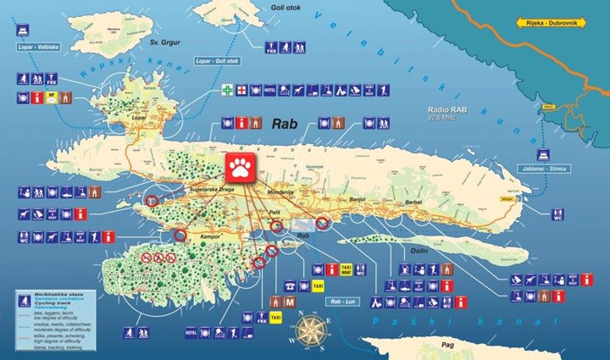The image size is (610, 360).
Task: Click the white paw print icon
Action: pos(242,167)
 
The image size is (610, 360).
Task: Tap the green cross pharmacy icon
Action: pos(227,89)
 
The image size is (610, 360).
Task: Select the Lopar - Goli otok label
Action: pos(215,61)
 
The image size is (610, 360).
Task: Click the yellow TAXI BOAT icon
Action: pos(346,269)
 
